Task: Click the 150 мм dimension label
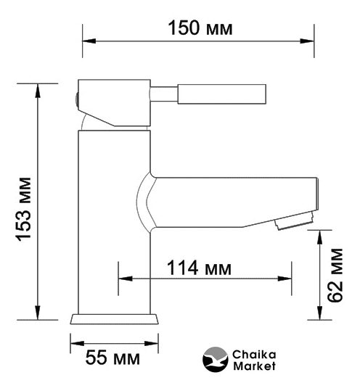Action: (200, 28)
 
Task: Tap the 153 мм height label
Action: (24, 210)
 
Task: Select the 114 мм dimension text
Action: (199, 268)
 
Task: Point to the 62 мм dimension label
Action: (335, 276)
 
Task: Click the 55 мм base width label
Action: (112, 358)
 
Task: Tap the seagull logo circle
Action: (216, 359)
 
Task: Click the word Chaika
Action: (254, 355)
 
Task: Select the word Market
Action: (254, 366)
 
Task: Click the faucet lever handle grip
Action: (221, 94)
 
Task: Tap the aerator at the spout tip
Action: (294, 221)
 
